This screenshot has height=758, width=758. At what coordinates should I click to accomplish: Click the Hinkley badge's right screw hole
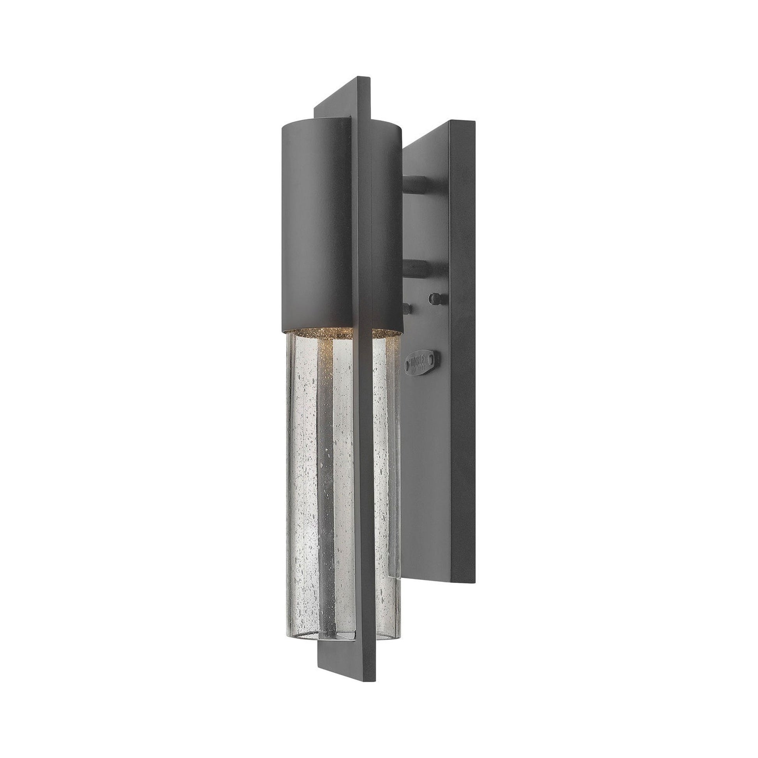click(433, 359)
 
